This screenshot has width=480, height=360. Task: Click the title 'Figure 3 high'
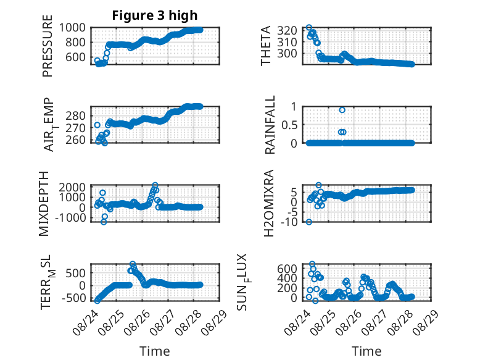(x=155, y=15)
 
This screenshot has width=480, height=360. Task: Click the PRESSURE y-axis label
(x=48, y=46)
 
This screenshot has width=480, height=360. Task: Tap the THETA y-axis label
(x=266, y=46)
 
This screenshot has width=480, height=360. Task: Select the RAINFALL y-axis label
(x=270, y=125)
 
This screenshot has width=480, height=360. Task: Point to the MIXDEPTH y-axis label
(x=44, y=204)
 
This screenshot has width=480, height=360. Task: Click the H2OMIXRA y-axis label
(x=268, y=203)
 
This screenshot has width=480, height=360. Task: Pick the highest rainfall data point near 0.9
(x=342, y=110)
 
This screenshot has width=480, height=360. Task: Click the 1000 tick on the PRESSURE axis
(x=72, y=28)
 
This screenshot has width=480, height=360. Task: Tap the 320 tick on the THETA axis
(x=287, y=30)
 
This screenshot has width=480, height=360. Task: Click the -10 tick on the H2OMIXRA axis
(x=289, y=222)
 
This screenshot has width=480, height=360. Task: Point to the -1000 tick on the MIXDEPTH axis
(x=70, y=217)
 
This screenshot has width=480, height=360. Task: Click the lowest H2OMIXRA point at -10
(x=309, y=222)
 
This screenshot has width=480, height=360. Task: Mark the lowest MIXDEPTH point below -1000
(x=104, y=222)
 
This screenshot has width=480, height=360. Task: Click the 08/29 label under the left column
(x=215, y=322)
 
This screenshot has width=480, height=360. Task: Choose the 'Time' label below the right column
(x=366, y=351)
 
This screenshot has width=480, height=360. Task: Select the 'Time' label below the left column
(x=155, y=351)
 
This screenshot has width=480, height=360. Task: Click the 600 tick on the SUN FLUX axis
(x=287, y=269)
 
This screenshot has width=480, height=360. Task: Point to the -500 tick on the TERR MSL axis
(x=74, y=298)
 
